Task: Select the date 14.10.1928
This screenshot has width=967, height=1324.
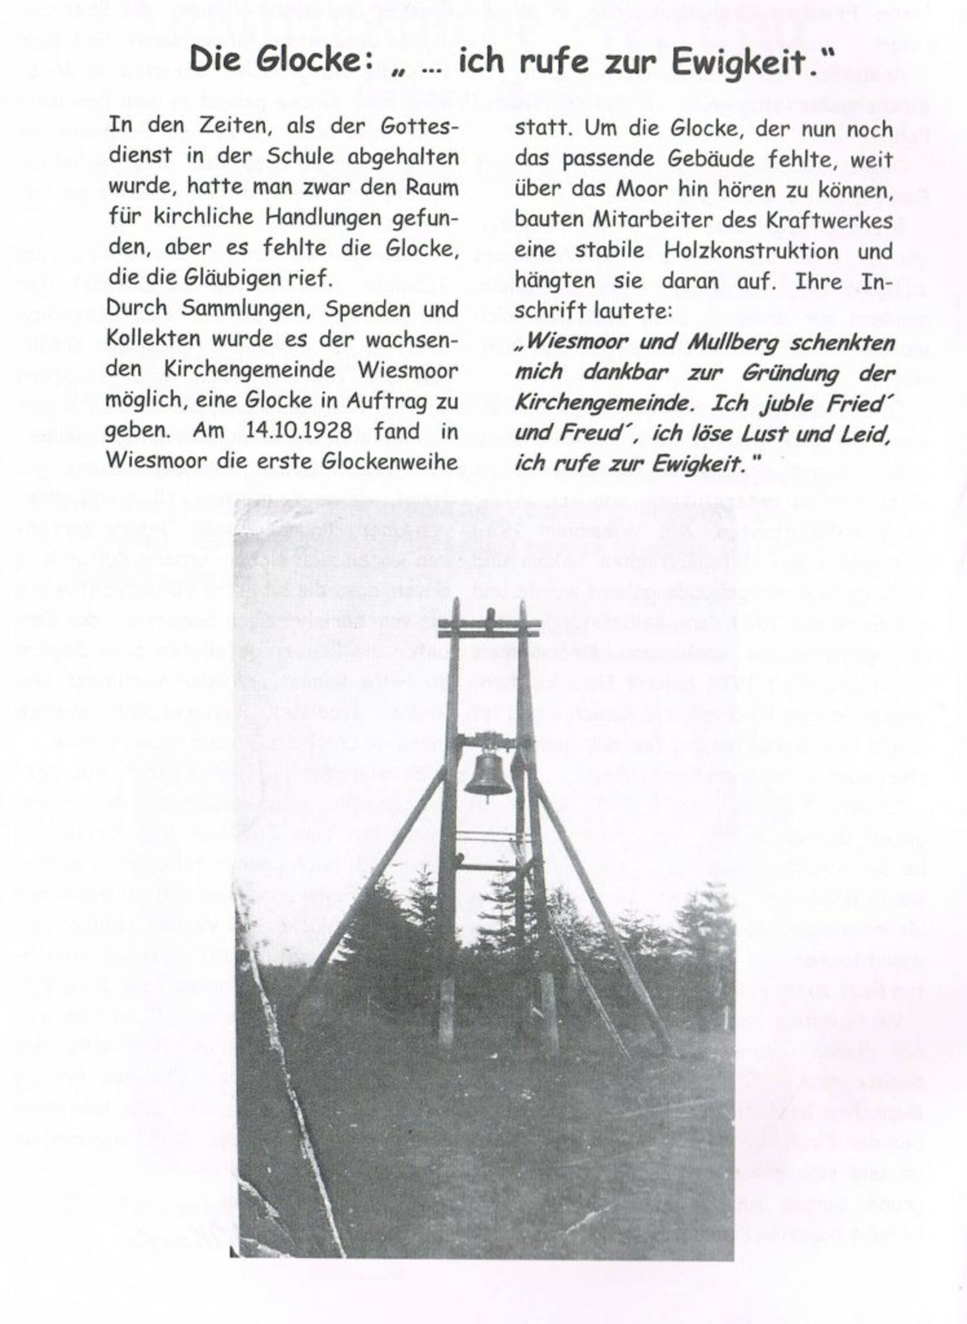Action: pos(299,431)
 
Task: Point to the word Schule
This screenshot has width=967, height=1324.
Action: pos(300,156)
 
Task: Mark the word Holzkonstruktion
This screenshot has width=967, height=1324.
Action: pos(751,251)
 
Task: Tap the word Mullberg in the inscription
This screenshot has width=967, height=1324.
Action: pos(734,343)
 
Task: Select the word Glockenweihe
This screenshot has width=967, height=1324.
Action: pos(390,461)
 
